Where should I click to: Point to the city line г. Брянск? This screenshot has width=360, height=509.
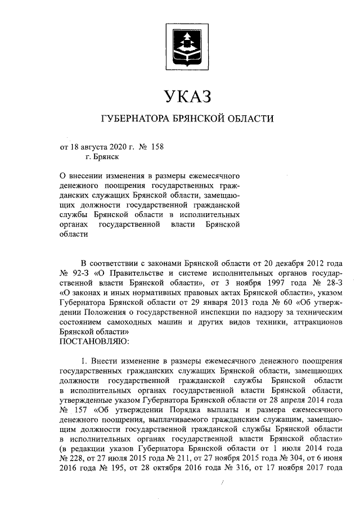(x=102, y=158)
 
